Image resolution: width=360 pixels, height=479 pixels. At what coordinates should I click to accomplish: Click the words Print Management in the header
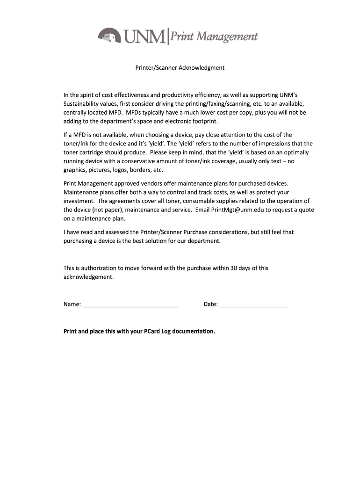pyautogui.click(x=214, y=36)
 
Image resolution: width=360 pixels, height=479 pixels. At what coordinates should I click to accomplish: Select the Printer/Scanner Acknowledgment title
pyautogui.click(x=180, y=68)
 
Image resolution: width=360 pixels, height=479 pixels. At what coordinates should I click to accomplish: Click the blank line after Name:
pyautogui.click(x=130, y=305)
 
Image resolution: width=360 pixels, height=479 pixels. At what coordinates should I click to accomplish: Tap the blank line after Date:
pyautogui.click(x=253, y=305)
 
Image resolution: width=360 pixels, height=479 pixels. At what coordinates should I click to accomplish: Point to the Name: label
pyautogui.click(x=72, y=305)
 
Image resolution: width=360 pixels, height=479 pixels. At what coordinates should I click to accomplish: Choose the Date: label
pyautogui.click(x=210, y=305)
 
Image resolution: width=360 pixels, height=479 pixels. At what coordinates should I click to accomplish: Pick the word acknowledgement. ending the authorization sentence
pyautogui.click(x=88, y=277)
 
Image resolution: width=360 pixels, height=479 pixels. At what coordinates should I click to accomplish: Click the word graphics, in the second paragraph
pyautogui.click(x=75, y=170)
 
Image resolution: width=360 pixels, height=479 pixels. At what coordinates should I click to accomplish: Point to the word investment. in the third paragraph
pyautogui.click(x=79, y=201)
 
